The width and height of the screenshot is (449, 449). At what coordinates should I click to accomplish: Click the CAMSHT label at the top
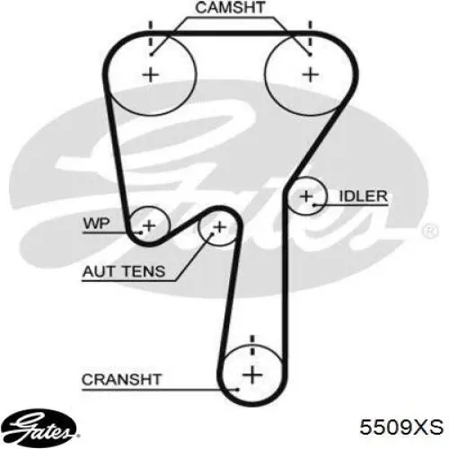230,8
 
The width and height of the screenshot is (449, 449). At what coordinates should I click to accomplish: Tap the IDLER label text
363,197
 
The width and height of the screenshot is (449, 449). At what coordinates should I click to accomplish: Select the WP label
97,224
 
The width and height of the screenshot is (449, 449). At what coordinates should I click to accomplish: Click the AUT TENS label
124,271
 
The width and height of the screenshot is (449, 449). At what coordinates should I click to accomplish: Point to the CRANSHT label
121,380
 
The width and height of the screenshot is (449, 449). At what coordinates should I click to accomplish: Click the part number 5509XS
401,427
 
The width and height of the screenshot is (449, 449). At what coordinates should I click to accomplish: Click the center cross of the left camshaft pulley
151,75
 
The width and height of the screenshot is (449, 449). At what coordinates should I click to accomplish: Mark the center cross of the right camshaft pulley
311,75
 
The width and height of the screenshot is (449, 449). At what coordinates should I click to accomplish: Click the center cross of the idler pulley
306,197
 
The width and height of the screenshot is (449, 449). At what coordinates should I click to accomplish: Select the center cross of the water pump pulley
149,225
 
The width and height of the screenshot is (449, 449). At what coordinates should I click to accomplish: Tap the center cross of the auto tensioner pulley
220,227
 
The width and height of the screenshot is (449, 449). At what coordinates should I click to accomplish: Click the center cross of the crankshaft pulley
252,374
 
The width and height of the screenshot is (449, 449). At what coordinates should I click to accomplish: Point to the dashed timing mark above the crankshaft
252,345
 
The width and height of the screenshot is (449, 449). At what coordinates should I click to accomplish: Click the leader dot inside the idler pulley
314,205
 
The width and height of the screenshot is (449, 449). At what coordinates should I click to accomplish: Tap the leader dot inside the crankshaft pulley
237,390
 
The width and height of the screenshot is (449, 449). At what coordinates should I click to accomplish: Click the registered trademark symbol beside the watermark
430,231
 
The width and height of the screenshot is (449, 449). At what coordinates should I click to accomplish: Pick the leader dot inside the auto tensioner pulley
213,234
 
